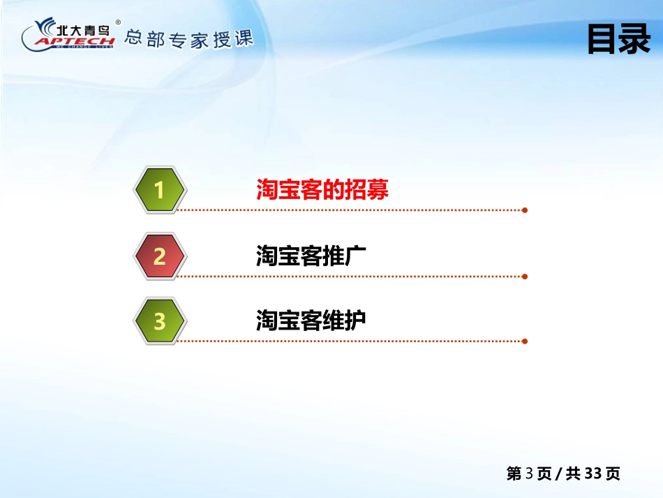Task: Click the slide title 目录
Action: (618, 39)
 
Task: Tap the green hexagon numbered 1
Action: (160, 189)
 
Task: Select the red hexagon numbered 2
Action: (160, 256)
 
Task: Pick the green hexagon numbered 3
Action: (160, 321)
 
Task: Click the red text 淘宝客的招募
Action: (322, 189)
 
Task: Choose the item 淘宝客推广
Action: (311, 255)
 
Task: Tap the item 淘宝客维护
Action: (311, 320)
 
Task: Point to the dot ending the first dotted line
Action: (525, 210)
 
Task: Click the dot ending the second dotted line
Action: (525, 277)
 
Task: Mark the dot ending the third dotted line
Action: (525, 342)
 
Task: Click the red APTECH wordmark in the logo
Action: (75, 41)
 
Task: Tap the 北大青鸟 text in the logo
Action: (83, 30)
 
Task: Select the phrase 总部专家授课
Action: (189, 39)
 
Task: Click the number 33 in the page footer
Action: (593, 474)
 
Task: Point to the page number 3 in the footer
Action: (529, 474)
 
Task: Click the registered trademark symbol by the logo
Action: (118, 22)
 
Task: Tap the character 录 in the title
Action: (635, 39)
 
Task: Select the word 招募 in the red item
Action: (366, 189)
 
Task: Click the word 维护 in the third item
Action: (344, 320)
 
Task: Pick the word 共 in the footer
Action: (573, 474)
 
